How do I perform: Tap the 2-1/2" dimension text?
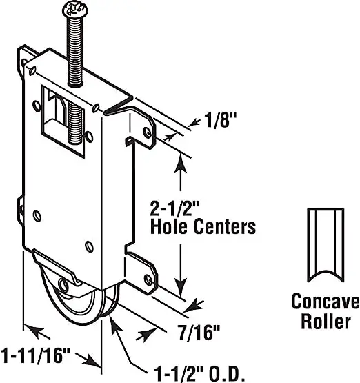pyautogui.click(x=175, y=208)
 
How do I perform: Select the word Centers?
pyautogui.click(x=225, y=226)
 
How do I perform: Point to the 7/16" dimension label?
pyautogui.click(x=199, y=333)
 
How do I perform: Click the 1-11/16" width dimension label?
pyautogui.click(x=36, y=355)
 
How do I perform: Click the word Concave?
pyautogui.click(x=326, y=301)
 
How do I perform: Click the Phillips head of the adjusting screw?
pyautogui.click(x=75, y=9)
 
